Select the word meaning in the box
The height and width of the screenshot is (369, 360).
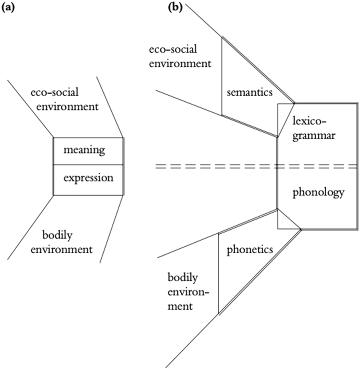(x=84, y=150)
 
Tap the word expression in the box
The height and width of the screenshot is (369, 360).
(x=88, y=178)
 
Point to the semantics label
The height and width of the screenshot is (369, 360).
(x=250, y=92)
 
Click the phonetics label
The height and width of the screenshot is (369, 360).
(x=249, y=250)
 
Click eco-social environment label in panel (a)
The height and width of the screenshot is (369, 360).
(x=65, y=99)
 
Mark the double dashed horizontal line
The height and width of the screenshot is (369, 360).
(x=222, y=166)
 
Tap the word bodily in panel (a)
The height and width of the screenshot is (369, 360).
(x=56, y=235)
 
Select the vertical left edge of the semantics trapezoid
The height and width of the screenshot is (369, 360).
(x=221, y=76)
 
